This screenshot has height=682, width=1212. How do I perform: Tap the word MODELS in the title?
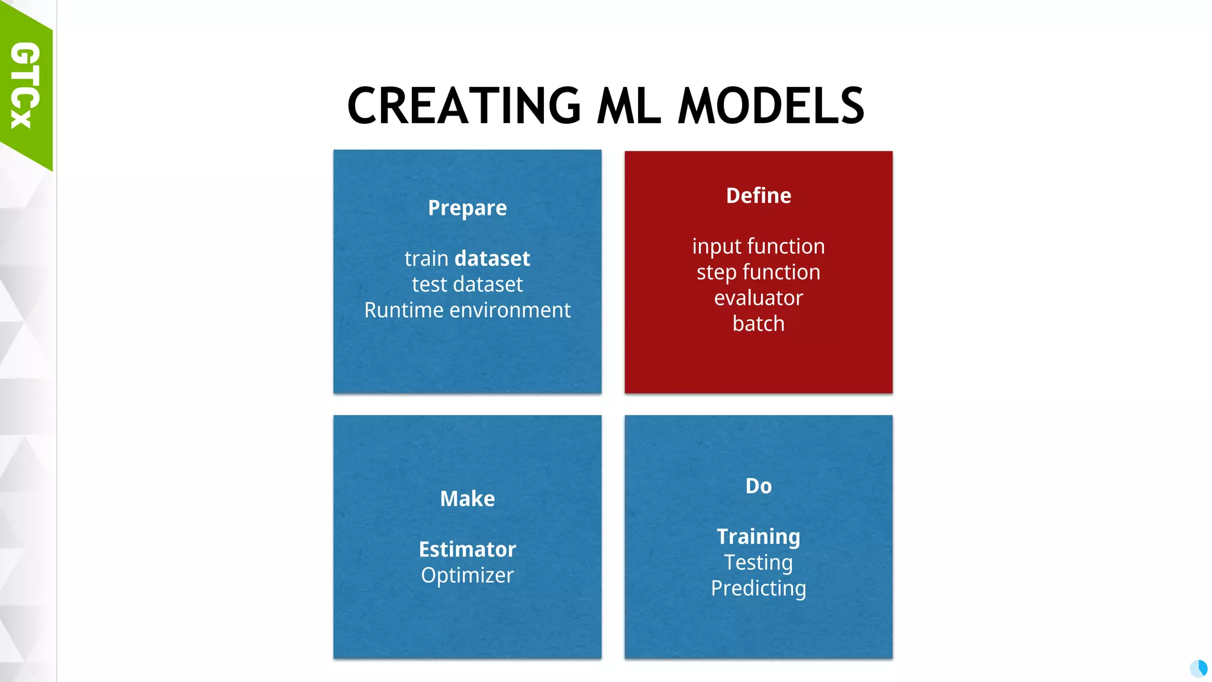[x=771, y=107]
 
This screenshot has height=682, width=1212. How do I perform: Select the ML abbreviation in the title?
[x=628, y=107]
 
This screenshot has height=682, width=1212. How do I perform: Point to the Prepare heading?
[x=468, y=208]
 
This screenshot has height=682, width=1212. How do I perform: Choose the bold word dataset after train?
[x=492, y=259]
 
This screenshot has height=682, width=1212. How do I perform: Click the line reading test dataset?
[x=468, y=285]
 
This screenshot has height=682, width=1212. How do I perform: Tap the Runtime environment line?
[x=468, y=310]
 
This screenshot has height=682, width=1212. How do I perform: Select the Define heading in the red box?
[x=759, y=195]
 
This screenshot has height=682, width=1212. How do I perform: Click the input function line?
[x=759, y=246]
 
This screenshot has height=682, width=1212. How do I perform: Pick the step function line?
[x=759, y=272]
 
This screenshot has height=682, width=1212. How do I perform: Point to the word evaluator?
[x=759, y=298]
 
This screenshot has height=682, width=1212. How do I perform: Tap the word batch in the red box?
[x=759, y=324]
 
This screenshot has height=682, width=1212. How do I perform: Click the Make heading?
[x=468, y=498]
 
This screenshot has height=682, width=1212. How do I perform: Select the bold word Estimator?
[x=468, y=549]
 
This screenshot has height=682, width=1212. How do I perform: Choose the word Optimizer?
[x=468, y=575]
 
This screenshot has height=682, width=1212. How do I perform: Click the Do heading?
[x=759, y=486]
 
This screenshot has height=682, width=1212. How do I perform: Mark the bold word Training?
[x=759, y=536]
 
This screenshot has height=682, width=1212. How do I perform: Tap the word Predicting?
[x=759, y=588]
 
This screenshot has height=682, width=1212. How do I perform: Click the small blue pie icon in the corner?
[x=1198, y=668]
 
